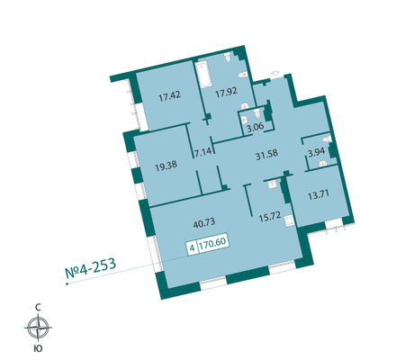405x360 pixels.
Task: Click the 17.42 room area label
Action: pos(170,96)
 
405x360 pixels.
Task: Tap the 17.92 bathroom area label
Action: pos(227,92)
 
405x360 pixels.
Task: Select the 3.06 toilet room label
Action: pos(256,127)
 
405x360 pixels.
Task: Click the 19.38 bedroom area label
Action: pos(166,166)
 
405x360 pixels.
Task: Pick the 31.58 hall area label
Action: pos(266,155)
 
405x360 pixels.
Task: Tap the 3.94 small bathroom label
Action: pos(317,152)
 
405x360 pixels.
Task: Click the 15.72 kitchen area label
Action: pos(270,217)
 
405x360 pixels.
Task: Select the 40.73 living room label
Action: pos(204,223)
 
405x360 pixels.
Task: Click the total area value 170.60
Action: pos(213,242)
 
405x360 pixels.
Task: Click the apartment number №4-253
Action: pos(91,267)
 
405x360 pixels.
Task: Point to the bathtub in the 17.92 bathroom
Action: pos(203,75)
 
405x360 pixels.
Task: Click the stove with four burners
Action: pos(290,221)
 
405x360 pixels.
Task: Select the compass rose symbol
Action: pos(38,328)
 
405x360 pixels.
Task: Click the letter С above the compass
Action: pos(38,307)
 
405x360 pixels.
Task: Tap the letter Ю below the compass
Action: pos(38,348)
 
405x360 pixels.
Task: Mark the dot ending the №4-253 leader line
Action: pos(67,283)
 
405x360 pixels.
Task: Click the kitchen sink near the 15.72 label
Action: pos(272,184)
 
